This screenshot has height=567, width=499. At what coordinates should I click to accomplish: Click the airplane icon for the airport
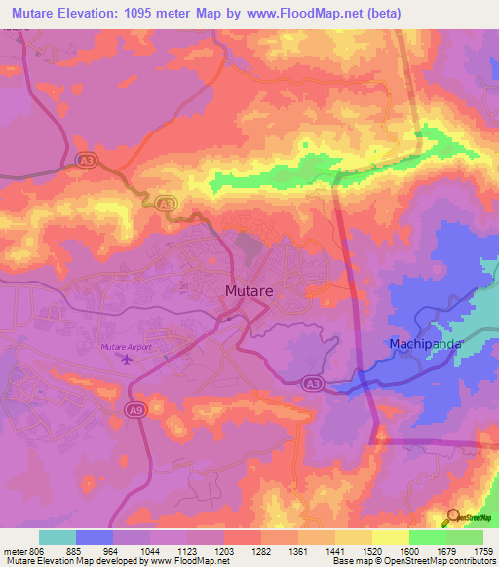click(x=127, y=360)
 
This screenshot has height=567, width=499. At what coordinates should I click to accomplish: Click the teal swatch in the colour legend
click(x=58, y=537)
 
